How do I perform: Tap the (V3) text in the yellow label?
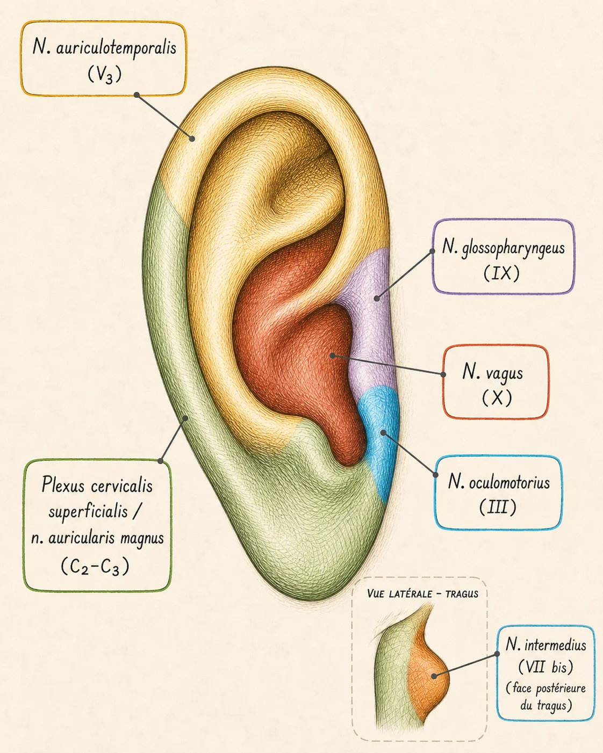104,75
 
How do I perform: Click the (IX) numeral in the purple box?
501,273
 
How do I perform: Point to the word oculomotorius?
509,483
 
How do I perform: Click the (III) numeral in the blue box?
498,507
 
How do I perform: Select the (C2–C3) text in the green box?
95,566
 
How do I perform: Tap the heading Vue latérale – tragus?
422,593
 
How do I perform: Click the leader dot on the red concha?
332,356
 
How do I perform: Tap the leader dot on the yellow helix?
192,139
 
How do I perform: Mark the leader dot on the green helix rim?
186,417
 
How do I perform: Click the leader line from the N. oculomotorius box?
410,454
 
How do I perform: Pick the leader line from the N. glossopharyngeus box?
404,274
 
